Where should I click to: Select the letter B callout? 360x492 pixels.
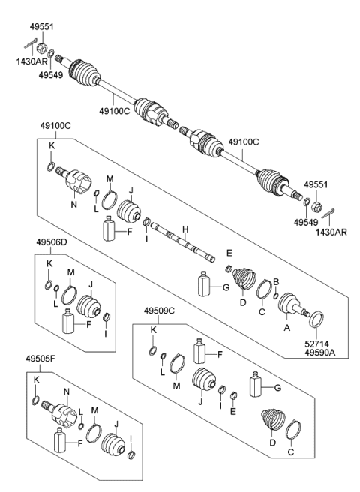coord(276,280)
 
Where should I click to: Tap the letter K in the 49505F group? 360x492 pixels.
coord(36,380)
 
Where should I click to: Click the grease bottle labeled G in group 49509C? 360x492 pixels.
coord(255,385)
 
